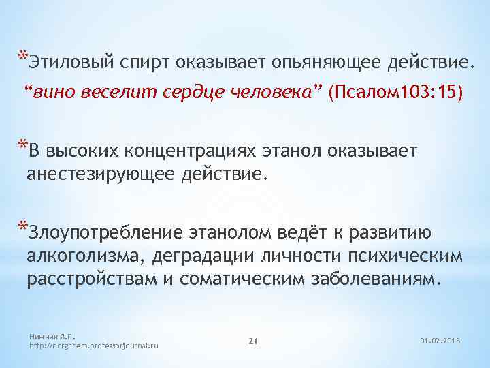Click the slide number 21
(x=252, y=340)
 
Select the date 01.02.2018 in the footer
(x=440, y=340)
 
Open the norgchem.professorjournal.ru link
(x=95, y=346)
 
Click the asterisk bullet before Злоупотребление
(x=23, y=227)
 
